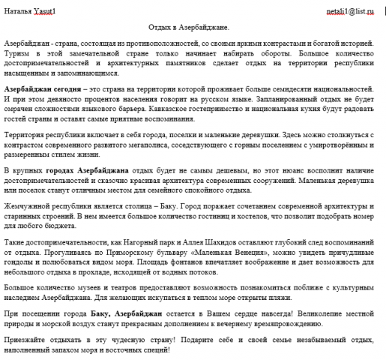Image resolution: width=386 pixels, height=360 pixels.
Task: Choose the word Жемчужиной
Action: click(29, 204)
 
